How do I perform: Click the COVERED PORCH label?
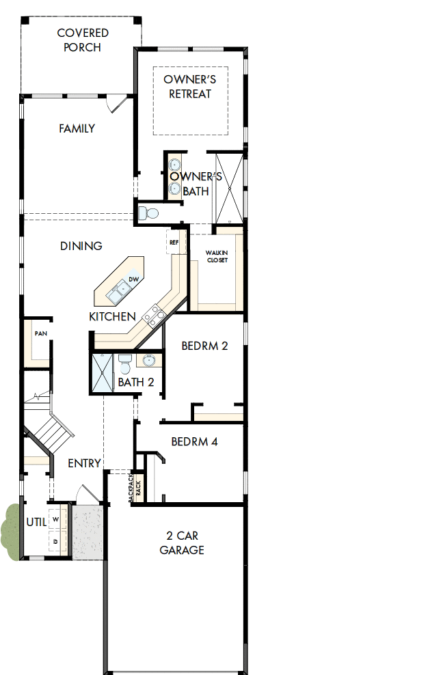(83, 40)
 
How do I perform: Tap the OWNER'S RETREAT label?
(190, 87)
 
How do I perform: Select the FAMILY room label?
(77, 128)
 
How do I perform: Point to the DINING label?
(81, 246)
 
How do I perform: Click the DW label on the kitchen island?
(134, 280)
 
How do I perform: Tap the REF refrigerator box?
(174, 243)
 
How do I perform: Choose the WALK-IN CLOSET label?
(217, 256)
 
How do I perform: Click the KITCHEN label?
(112, 317)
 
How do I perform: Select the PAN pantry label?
(40, 333)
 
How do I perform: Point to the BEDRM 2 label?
(204, 346)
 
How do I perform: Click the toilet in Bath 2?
(124, 361)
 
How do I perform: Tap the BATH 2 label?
(136, 383)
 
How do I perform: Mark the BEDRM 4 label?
(194, 441)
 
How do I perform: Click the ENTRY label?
(84, 463)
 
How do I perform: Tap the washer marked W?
(56, 520)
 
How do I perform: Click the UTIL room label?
(36, 522)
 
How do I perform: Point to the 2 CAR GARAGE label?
(182, 542)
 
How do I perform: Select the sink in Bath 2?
(149, 360)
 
